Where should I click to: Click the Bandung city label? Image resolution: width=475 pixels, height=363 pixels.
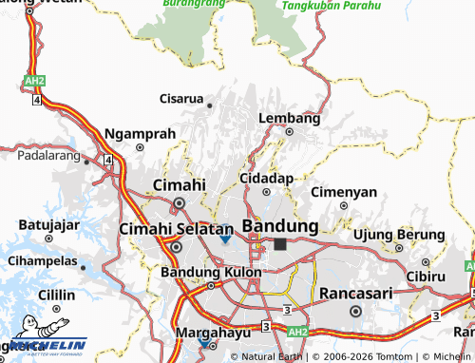[x=280, y=226]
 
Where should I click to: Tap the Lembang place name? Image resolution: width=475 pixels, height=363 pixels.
[x=289, y=118]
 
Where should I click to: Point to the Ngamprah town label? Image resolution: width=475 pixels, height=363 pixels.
[x=140, y=133]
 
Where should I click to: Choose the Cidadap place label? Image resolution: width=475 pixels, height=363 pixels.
[x=266, y=178]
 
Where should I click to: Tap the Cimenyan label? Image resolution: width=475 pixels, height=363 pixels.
[x=344, y=191]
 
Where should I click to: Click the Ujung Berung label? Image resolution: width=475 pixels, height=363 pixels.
[x=399, y=235]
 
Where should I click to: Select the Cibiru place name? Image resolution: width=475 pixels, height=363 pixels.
[x=425, y=276]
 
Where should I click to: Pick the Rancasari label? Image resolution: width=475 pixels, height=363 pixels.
[x=355, y=293]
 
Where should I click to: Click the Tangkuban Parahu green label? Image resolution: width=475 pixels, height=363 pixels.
[x=330, y=6]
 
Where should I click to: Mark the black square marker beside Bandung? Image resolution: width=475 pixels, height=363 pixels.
[x=279, y=244]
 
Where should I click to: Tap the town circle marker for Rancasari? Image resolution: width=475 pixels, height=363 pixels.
[x=355, y=310]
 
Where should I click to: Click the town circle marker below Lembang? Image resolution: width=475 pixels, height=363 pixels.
[x=289, y=132]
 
